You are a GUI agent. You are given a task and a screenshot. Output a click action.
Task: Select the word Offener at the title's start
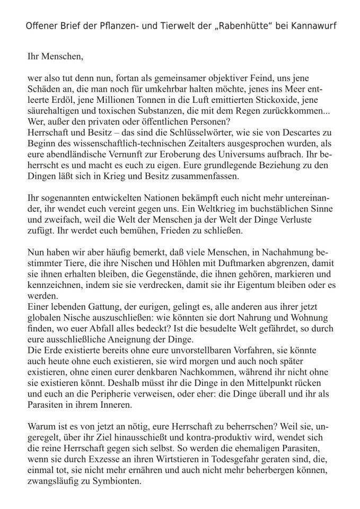(42, 25)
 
